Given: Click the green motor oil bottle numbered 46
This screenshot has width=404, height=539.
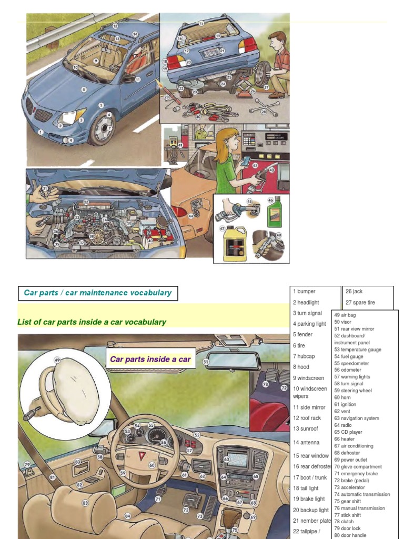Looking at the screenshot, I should point(274,212).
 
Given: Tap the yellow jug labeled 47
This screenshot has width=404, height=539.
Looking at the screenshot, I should point(233,244).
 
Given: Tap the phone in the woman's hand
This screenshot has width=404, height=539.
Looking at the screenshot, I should point(246,161).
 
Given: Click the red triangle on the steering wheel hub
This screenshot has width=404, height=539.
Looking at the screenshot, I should point(141,455).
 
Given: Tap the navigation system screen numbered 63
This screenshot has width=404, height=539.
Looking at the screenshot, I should point(237,460).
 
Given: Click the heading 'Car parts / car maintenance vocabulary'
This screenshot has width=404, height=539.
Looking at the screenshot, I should point(98,293).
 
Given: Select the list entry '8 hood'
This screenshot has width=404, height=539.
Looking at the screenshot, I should point(301,367).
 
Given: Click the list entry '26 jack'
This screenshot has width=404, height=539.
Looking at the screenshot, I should point(354,291).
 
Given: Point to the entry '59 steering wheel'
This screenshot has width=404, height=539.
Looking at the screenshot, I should point(353,391).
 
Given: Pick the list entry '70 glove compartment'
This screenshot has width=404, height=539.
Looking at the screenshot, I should point(358,466).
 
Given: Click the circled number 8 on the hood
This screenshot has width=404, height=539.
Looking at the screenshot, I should point(83,90).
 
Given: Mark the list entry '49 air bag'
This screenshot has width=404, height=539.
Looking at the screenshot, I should point(345,315).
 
